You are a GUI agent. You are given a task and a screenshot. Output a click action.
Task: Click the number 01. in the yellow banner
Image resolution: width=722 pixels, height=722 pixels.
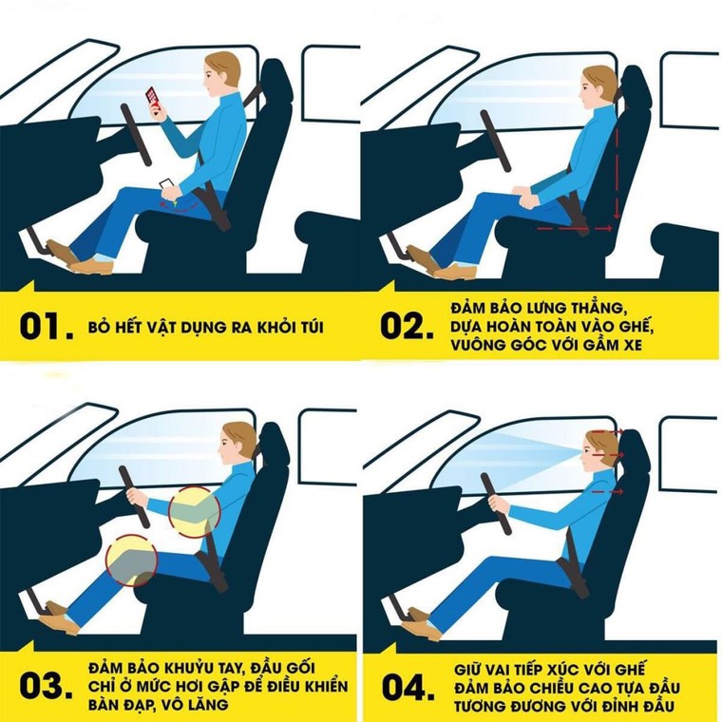[45, 326]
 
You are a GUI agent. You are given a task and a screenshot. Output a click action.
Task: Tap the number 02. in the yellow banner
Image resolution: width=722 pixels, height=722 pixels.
[407, 326]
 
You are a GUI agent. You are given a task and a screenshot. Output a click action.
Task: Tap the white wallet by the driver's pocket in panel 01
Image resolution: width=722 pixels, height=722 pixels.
[166, 186]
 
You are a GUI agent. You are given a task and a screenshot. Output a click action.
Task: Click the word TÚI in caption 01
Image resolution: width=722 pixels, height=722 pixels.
[309, 327]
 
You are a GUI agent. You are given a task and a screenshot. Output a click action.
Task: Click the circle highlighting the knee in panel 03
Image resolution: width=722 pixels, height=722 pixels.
[132, 561]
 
